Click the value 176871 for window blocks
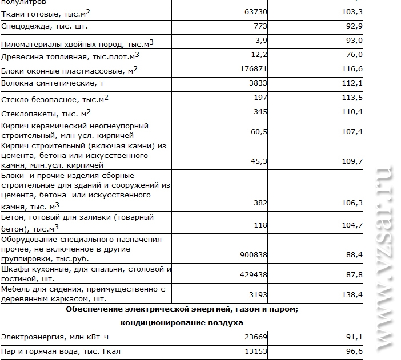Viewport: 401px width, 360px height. (252, 68)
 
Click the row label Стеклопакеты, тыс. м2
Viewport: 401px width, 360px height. (46, 112)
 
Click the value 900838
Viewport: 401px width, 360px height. (252, 254)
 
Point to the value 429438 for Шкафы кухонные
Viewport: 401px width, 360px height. (252, 274)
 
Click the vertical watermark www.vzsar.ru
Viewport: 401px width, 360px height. (383, 257)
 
